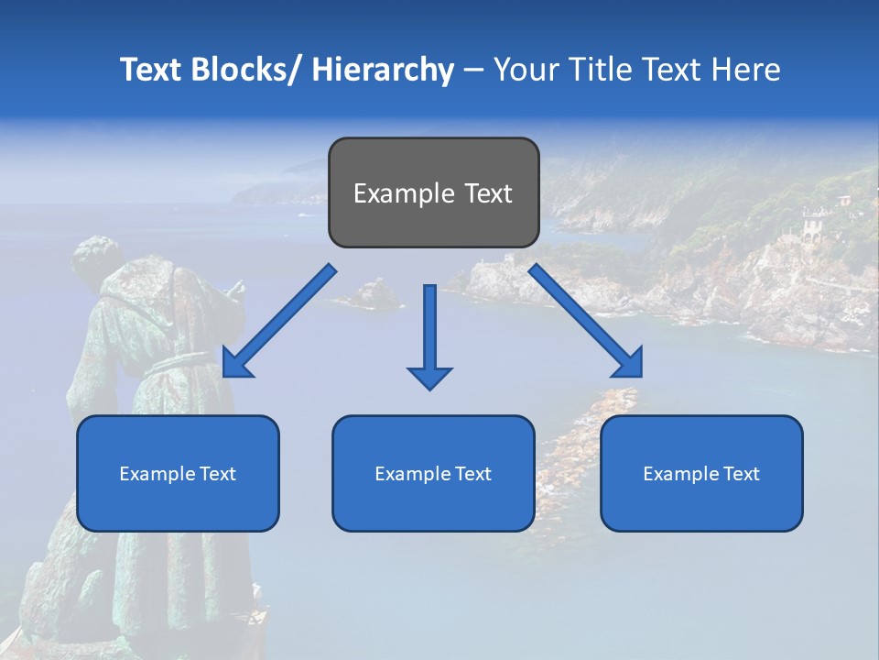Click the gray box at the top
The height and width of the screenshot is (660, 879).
pos(433,192)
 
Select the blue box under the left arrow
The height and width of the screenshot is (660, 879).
pos(178,473)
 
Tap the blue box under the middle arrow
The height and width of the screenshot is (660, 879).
pos(433,473)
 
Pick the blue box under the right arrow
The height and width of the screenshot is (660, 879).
pos(701,473)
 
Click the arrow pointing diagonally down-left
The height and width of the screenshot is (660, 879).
pos(279,321)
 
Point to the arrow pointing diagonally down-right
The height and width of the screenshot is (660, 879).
pos(586,321)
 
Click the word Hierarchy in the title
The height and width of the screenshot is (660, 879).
pos(383,70)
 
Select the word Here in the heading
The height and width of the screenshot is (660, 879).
pos(747,70)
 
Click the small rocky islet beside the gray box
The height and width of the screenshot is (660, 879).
pos(370,294)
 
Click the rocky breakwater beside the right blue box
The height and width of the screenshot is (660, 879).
pos(577,440)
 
